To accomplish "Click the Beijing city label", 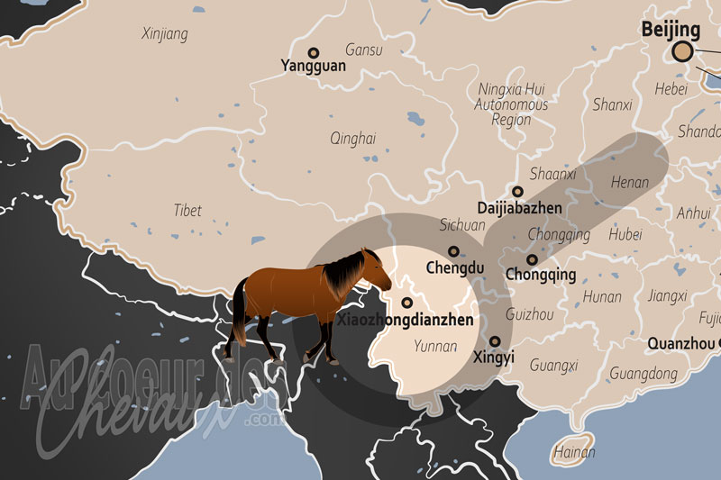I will point(671,30).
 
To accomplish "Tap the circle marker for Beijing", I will point(683,51).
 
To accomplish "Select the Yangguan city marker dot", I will point(314,53).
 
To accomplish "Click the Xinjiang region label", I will point(165,34).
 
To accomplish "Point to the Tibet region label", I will point(187,210).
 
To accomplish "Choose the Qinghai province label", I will point(352,139).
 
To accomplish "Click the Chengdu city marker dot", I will point(453,252).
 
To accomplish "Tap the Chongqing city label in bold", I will point(541,274).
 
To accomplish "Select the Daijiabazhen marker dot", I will point(517,192).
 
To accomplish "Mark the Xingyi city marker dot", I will point(495,341).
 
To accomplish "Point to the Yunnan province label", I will point(435,346).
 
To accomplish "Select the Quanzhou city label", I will point(682,343).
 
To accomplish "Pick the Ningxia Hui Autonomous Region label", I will point(511,104).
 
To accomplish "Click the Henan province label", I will point(629,182).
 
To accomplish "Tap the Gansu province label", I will point(363,50).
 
